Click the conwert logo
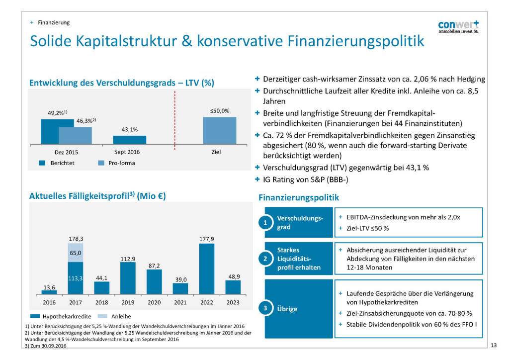458,26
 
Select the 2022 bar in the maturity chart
206,269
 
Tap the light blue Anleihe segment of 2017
76,253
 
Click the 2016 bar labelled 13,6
49,292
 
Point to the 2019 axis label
128,302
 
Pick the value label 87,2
154,266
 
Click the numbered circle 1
266,223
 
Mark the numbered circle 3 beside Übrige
266,309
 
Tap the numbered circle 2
266,259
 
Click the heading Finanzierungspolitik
299,198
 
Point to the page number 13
494,345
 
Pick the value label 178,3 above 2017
76,239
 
